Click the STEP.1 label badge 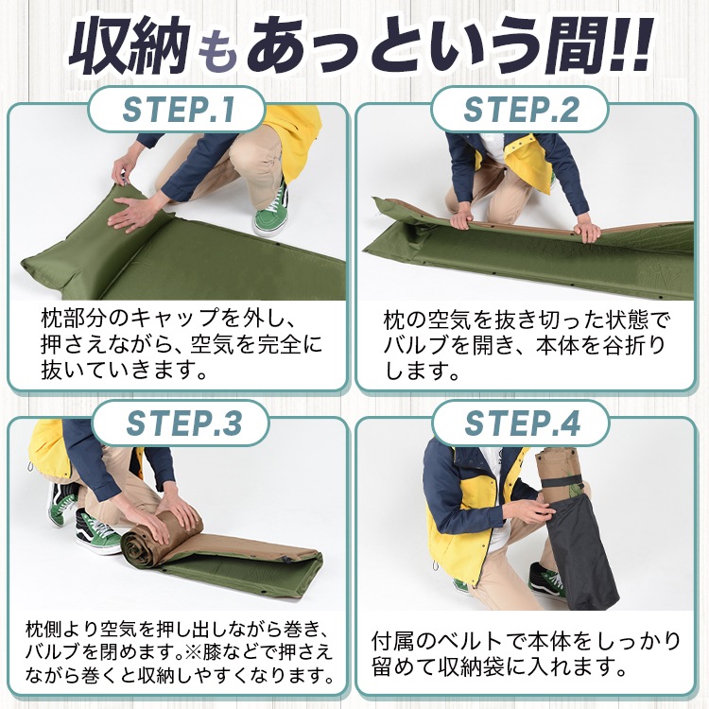pos(176,110)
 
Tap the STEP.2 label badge pos(519,110)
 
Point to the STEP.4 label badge pos(521,424)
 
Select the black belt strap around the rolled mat pos(566,482)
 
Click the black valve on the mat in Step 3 pos(286,561)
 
